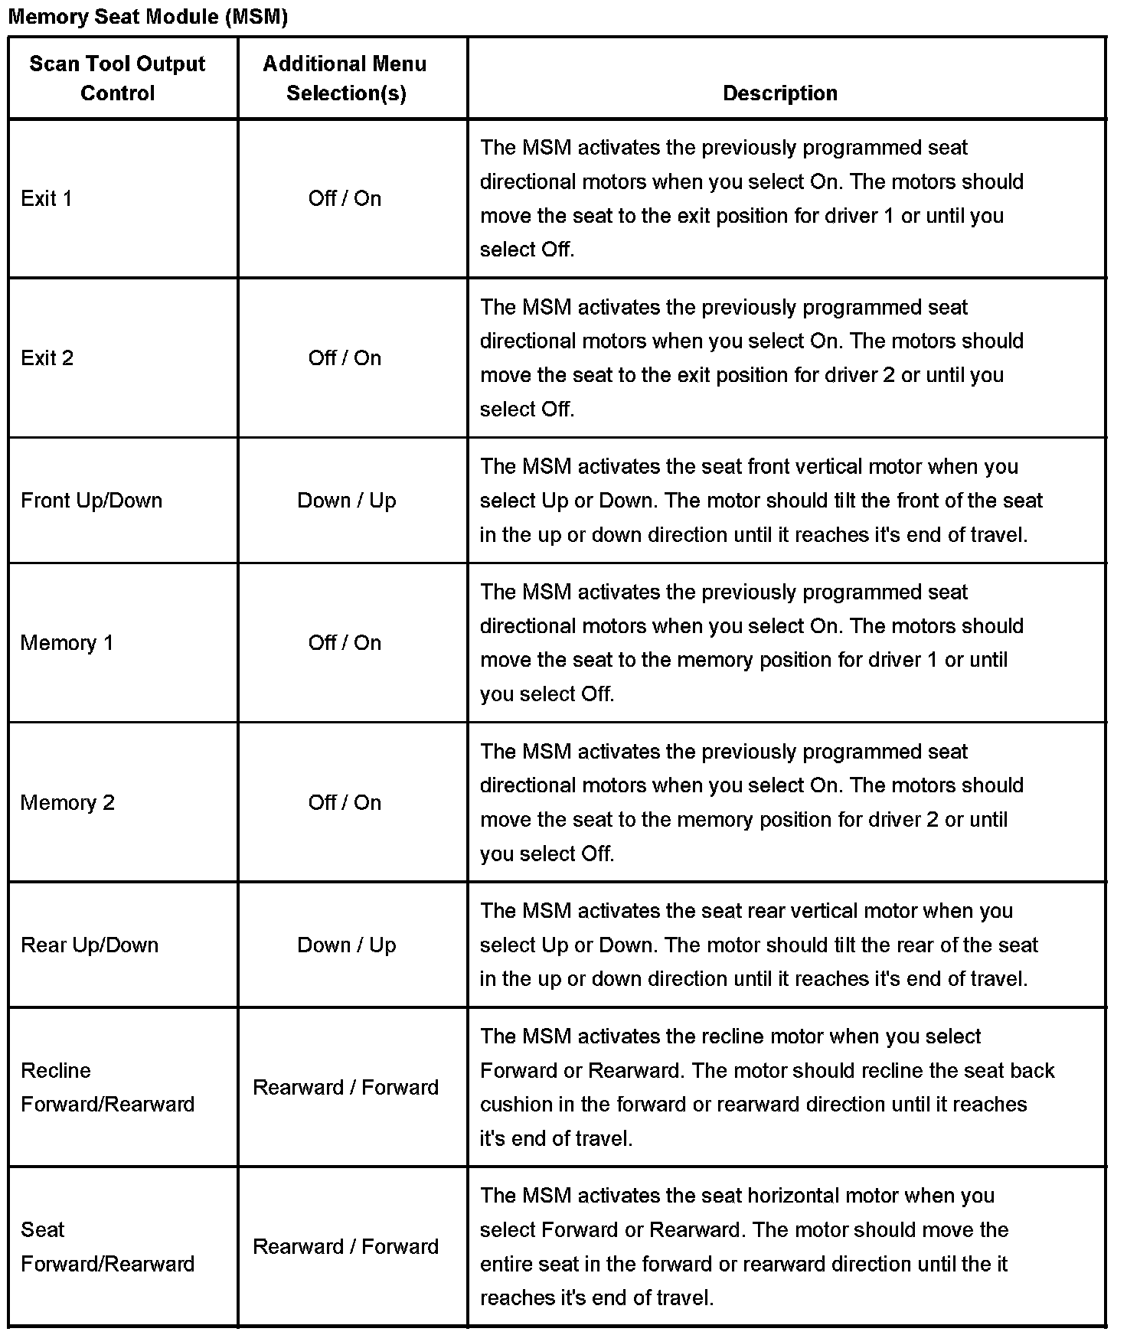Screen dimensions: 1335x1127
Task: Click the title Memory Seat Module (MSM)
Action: click(x=148, y=17)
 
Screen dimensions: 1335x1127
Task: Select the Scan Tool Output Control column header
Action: click(x=117, y=78)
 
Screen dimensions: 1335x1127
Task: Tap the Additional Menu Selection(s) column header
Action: click(x=345, y=78)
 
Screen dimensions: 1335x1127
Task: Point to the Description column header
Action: click(x=779, y=93)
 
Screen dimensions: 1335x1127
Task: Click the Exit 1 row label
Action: click(x=47, y=199)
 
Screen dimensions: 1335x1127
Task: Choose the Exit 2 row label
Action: click(x=47, y=358)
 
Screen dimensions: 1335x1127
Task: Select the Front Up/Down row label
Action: click(x=92, y=501)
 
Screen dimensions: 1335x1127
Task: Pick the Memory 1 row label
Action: click(x=67, y=643)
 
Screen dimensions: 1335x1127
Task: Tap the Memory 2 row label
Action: click(x=67, y=803)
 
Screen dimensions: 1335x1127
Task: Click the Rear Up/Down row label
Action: click(x=90, y=945)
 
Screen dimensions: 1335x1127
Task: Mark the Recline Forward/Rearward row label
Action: click(x=107, y=1087)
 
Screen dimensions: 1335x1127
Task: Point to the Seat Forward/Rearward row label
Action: click(x=107, y=1247)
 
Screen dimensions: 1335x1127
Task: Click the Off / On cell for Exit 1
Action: click(x=345, y=199)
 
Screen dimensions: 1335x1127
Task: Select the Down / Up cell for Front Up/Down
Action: click(x=346, y=501)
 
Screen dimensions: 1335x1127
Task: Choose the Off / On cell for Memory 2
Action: click(x=345, y=803)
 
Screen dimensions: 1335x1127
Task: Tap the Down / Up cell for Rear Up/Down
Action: click(x=346, y=945)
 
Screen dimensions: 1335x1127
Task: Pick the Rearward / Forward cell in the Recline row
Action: click(x=345, y=1088)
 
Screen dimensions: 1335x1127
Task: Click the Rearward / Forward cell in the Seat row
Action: click(x=345, y=1247)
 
